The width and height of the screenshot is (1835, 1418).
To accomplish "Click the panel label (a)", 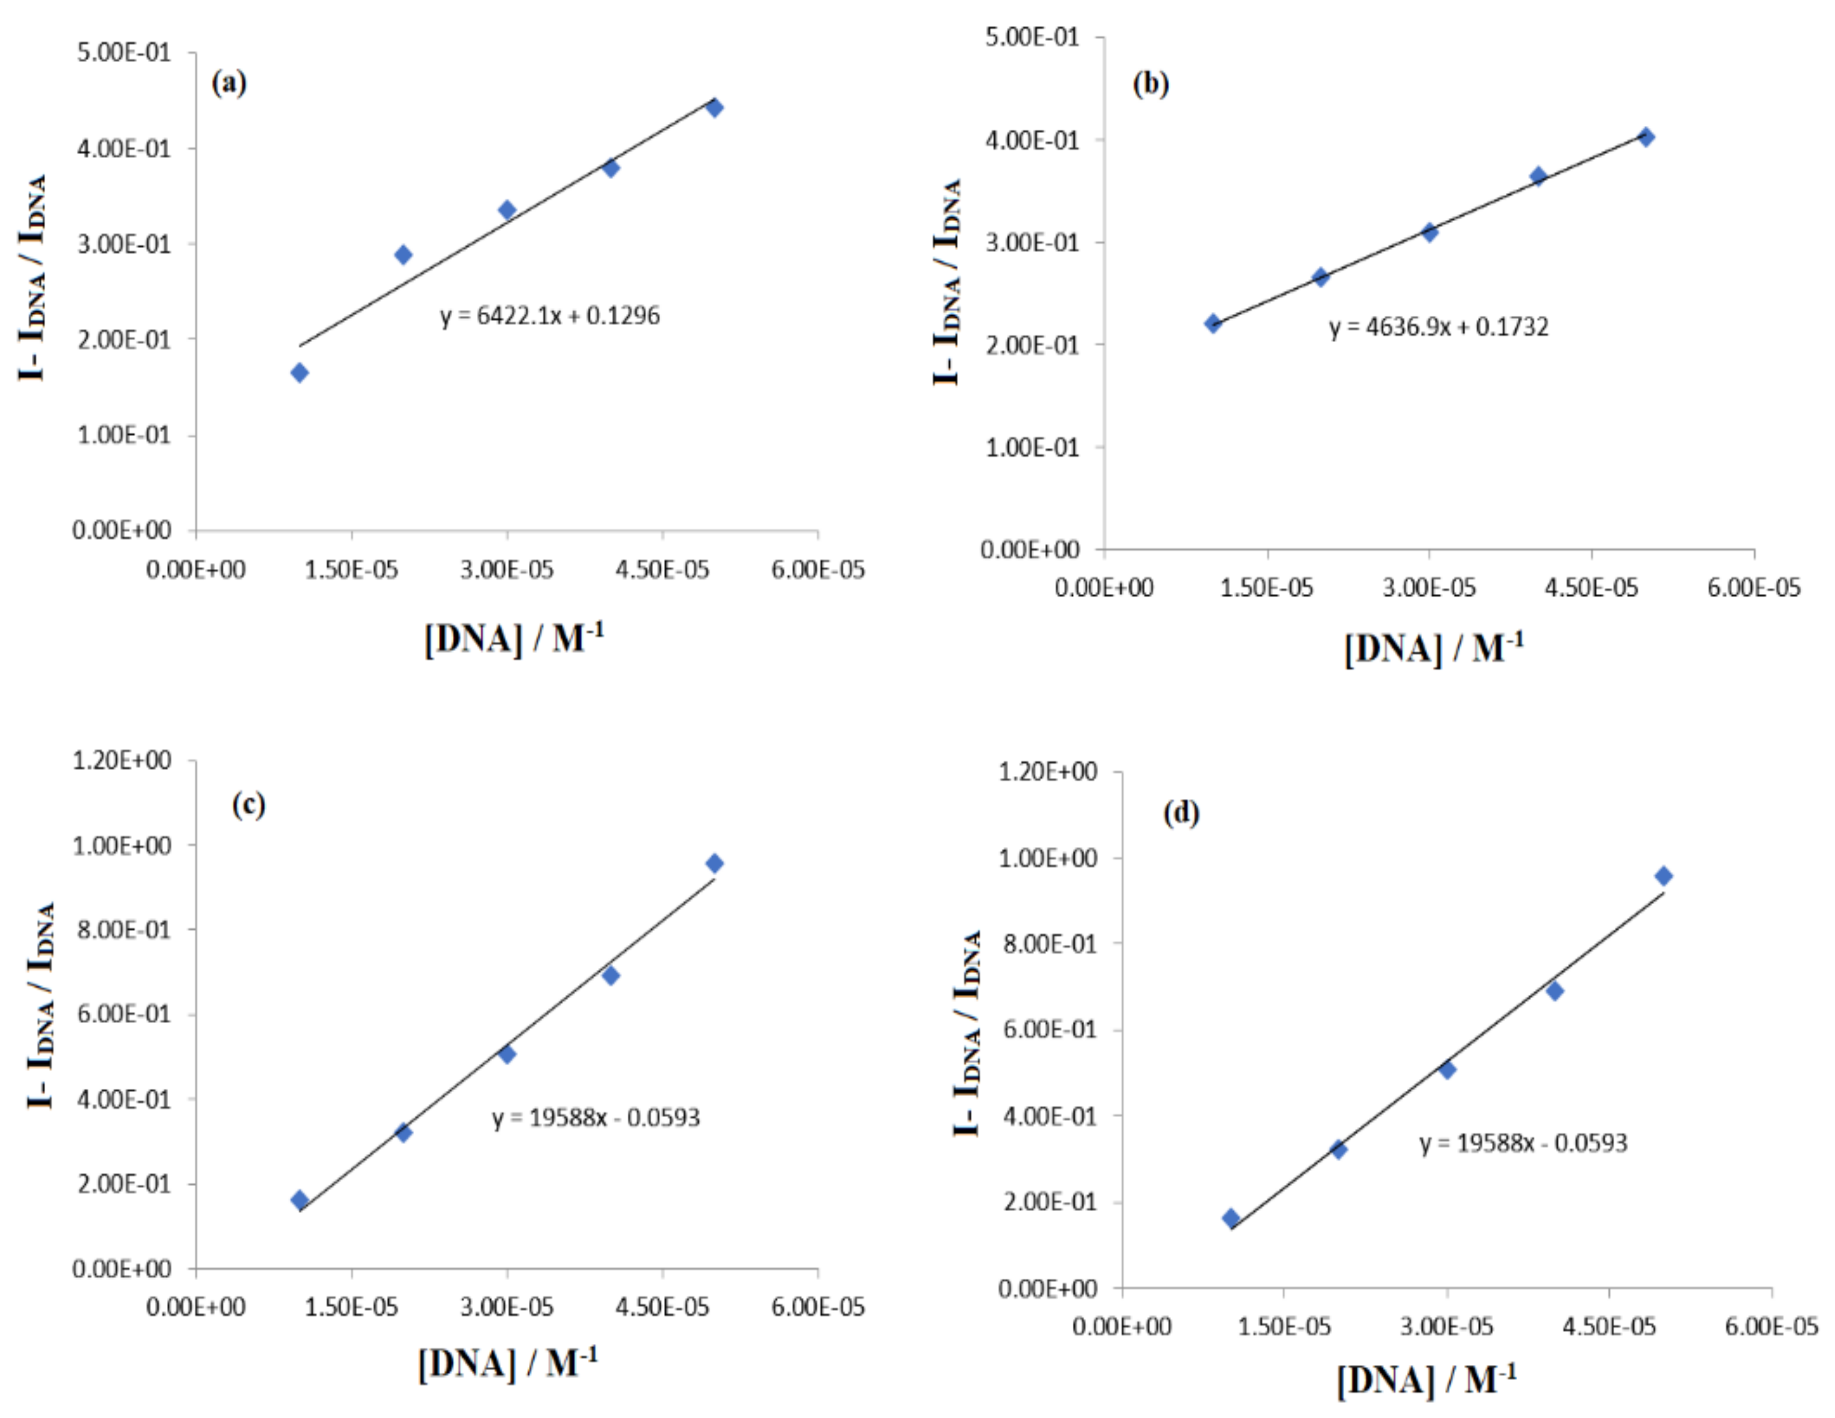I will (x=229, y=83).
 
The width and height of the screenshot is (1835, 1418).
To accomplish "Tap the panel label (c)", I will (x=249, y=805).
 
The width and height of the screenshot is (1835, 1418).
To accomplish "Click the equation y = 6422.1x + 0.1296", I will (x=550, y=316).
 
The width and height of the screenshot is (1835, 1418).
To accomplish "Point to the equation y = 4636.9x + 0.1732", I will (x=1438, y=327).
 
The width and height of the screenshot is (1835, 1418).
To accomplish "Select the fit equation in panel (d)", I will (x=1523, y=1143).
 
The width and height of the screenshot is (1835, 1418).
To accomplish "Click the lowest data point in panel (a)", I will (x=299, y=373).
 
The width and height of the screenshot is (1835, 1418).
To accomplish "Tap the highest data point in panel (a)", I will (x=714, y=107).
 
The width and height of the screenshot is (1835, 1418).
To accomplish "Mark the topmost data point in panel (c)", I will (x=714, y=863).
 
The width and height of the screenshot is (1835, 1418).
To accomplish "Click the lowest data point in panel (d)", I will (x=1231, y=1218).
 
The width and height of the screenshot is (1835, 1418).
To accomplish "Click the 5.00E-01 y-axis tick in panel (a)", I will (x=123, y=52).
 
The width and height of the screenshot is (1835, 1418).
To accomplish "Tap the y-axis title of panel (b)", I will (x=947, y=281).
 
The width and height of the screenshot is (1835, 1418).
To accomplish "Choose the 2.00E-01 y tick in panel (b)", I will (x=1032, y=345).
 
